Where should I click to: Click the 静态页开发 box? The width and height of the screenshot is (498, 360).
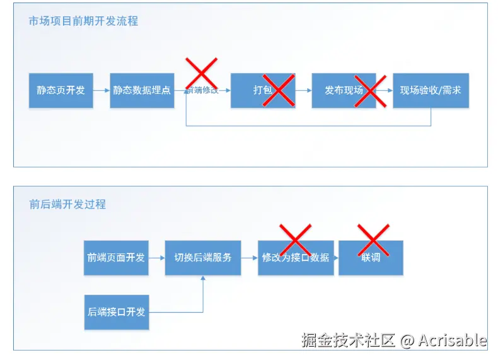click(61, 90)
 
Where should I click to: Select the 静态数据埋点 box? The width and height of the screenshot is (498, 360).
click(142, 90)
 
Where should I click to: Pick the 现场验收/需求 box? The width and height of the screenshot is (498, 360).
click(431, 90)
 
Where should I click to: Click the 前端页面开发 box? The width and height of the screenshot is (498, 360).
click(116, 257)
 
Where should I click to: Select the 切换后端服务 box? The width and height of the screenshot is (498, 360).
click(203, 257)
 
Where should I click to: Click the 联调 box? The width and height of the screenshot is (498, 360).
click(371, 257)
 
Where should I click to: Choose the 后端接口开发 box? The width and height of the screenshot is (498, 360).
click(116, 312)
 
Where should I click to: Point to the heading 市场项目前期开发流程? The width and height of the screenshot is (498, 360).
click(83, 21)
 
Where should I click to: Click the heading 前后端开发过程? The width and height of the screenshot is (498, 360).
click(67, 204)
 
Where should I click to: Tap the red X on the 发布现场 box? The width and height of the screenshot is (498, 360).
click(369, 90)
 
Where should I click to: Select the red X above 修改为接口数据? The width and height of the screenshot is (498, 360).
click(295, 240)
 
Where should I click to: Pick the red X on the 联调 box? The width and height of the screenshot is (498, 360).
click(373, 240)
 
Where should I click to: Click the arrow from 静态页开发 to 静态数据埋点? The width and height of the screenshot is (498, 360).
click(101, 90)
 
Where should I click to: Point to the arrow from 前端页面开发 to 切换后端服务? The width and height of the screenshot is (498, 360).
click(157, 257)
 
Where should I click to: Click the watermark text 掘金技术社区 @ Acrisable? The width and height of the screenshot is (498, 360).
click(394, 340)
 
